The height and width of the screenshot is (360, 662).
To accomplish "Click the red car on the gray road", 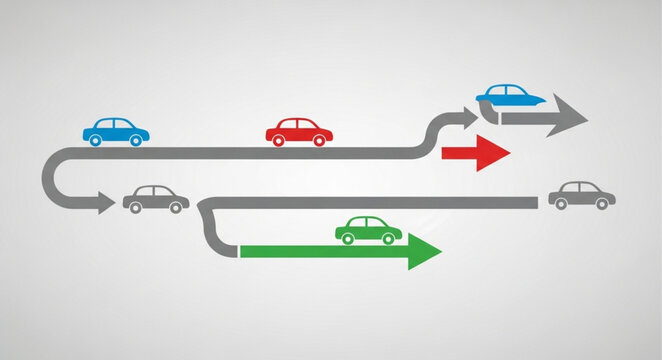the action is point(299,132).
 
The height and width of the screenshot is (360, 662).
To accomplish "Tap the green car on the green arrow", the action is point(369,230).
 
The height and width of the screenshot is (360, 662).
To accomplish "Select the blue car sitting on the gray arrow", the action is point(510,95).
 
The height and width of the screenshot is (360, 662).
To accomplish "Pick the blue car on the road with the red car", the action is point(116,130).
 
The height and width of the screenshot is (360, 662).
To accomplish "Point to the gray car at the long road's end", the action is point(581,195).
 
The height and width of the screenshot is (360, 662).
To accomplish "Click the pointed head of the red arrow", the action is point(494,153).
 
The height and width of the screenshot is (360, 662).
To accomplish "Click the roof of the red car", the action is point(297,122).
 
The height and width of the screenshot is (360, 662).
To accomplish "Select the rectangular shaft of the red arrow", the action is point(459,153).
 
